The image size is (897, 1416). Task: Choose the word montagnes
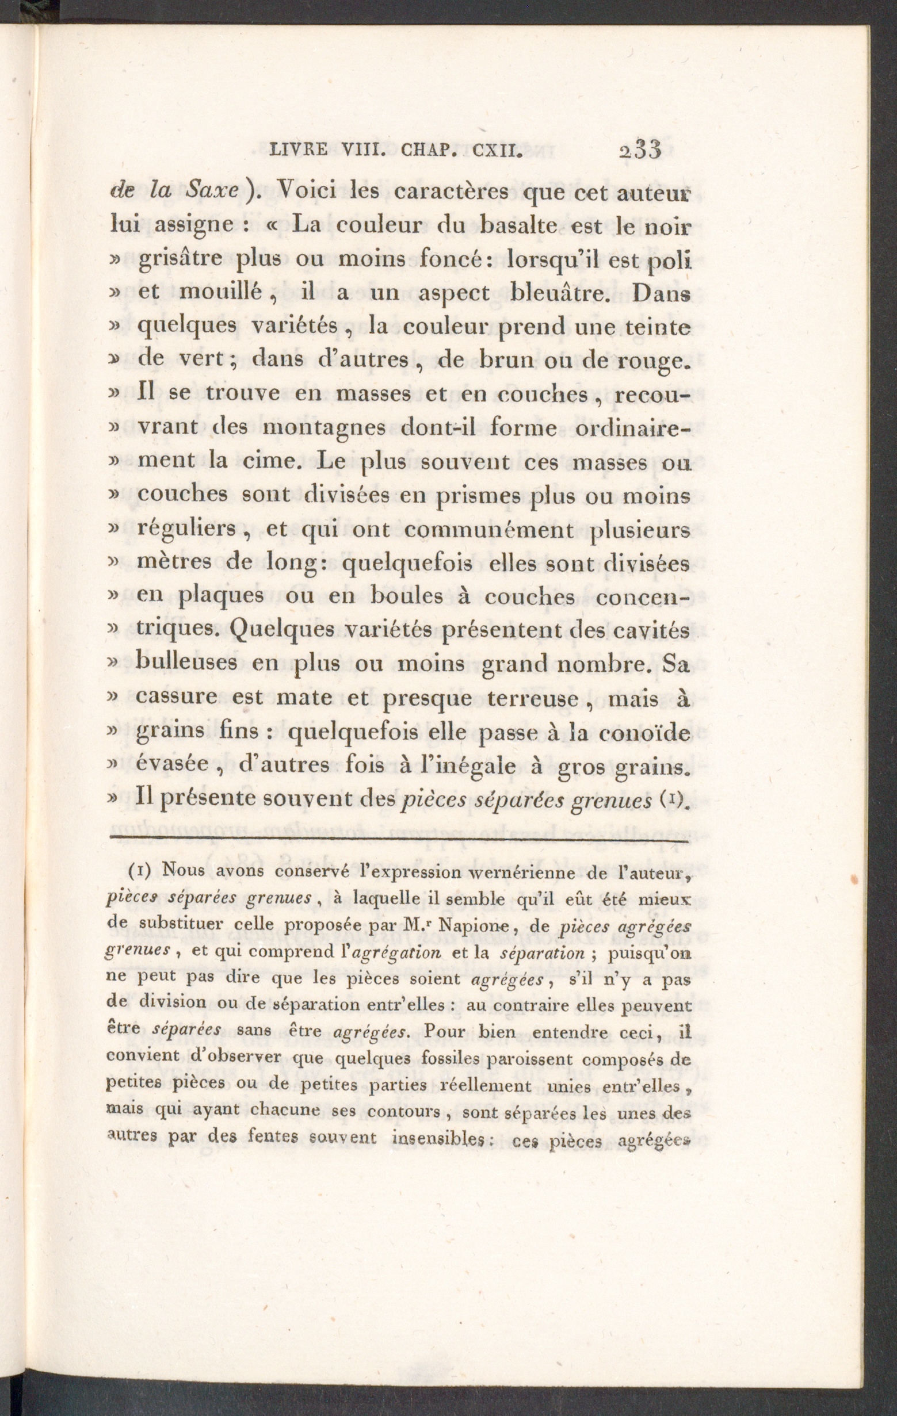[323, 427]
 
